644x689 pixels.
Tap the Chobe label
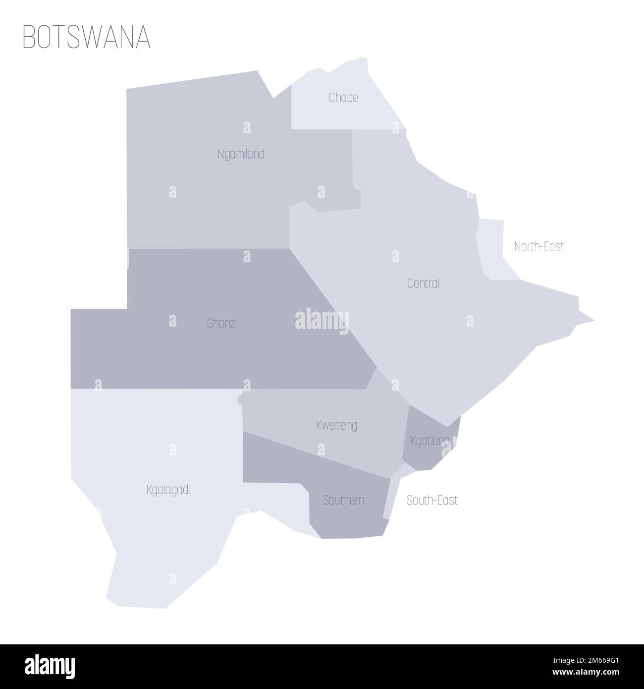tap(343, 98)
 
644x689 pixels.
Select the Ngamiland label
tap(241, 154)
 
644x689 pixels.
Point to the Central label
tap(423, 284)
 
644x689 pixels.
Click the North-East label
tap(539, 246)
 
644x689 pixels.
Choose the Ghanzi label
tap(221, 324)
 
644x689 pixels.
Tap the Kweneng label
tap(336, 425)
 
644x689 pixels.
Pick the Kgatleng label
tap(430, 440)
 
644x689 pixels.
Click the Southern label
tap(343, 500)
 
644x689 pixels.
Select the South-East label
tap(432, 501)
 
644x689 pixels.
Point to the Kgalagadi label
tap(168, 490)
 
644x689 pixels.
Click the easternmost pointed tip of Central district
tap(593, 321)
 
